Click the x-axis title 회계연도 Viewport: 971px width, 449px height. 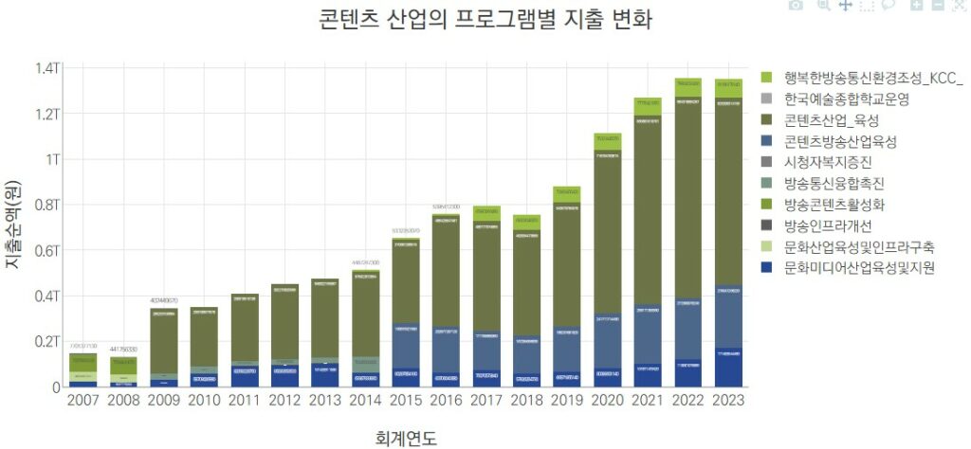coord(407,437)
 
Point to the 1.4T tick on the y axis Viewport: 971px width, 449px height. coord(46,68)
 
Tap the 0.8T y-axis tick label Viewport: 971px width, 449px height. coord(46,205)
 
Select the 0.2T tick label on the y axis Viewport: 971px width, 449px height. coord(46,341)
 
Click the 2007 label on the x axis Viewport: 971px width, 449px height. coord(84,401)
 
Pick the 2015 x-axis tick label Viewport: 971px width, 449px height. coord(406,401)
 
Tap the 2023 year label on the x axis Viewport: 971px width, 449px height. coord(727,401)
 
